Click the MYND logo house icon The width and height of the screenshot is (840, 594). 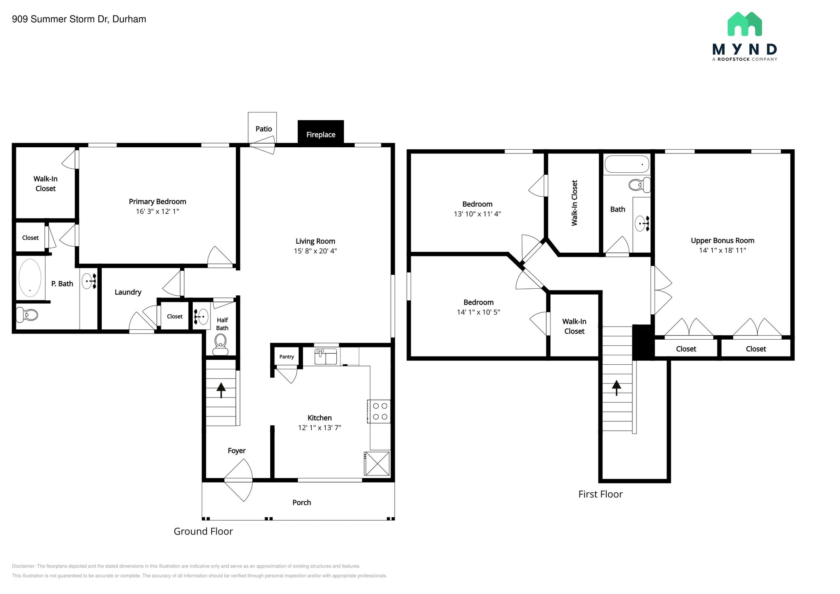pos(744,24)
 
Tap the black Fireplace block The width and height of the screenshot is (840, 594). pos(321,132)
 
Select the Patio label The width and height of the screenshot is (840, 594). pos(264,129)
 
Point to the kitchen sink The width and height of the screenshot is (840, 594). pos(326,356)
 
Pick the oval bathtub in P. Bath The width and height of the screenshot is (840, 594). pos(30,278)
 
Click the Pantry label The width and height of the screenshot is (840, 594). pos(287,356)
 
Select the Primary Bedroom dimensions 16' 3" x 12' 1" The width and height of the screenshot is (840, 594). pos(157,211)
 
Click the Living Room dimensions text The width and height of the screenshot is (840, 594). pos(315,251)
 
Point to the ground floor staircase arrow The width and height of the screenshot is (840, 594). pos(221,390)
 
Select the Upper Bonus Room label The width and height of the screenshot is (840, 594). pos(723,240)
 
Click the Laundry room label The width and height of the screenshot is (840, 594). pos(128,292)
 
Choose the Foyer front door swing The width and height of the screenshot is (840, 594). pos(239,480)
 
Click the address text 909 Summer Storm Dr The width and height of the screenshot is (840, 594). pos(61,19)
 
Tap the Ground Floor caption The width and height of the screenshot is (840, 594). pos(203,531)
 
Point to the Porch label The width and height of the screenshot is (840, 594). pos(302,503)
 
